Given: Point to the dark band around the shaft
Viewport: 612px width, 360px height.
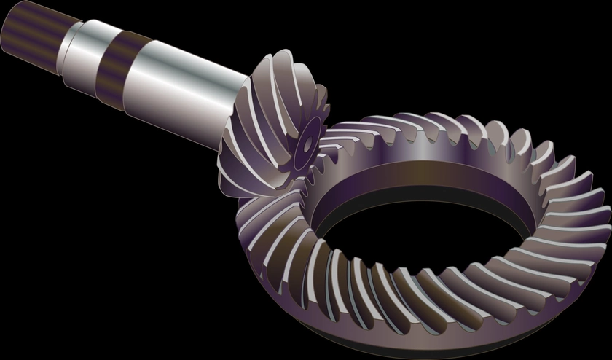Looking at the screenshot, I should click(117, 67).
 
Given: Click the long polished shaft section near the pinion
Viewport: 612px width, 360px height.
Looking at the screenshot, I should click(182, 91).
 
